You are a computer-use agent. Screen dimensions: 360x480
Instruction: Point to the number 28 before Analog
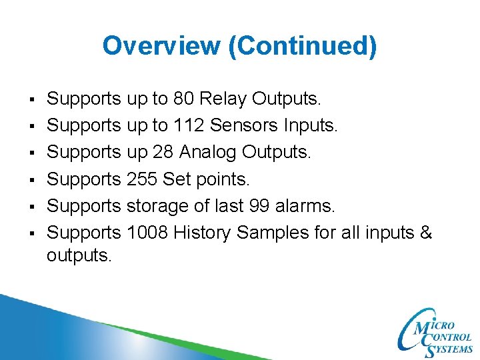(163, 153)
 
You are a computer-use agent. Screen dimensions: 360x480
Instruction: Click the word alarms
(312, 207)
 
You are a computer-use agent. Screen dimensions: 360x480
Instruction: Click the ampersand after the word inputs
(427, 233)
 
